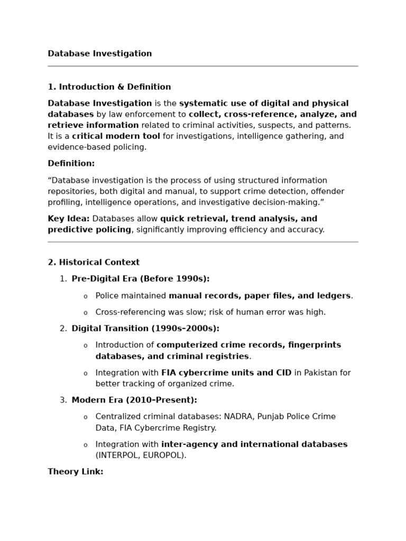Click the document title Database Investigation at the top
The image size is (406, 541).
[100, 54]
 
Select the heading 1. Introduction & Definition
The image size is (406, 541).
[109, 87]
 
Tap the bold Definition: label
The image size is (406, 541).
[71, 164]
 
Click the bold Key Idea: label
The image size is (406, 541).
[69, 219]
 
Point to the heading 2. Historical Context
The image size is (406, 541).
[94, 263]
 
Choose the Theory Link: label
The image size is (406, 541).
[76, 472]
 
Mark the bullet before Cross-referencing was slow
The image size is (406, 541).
[85, 313]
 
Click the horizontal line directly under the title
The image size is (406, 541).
[203, 66]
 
